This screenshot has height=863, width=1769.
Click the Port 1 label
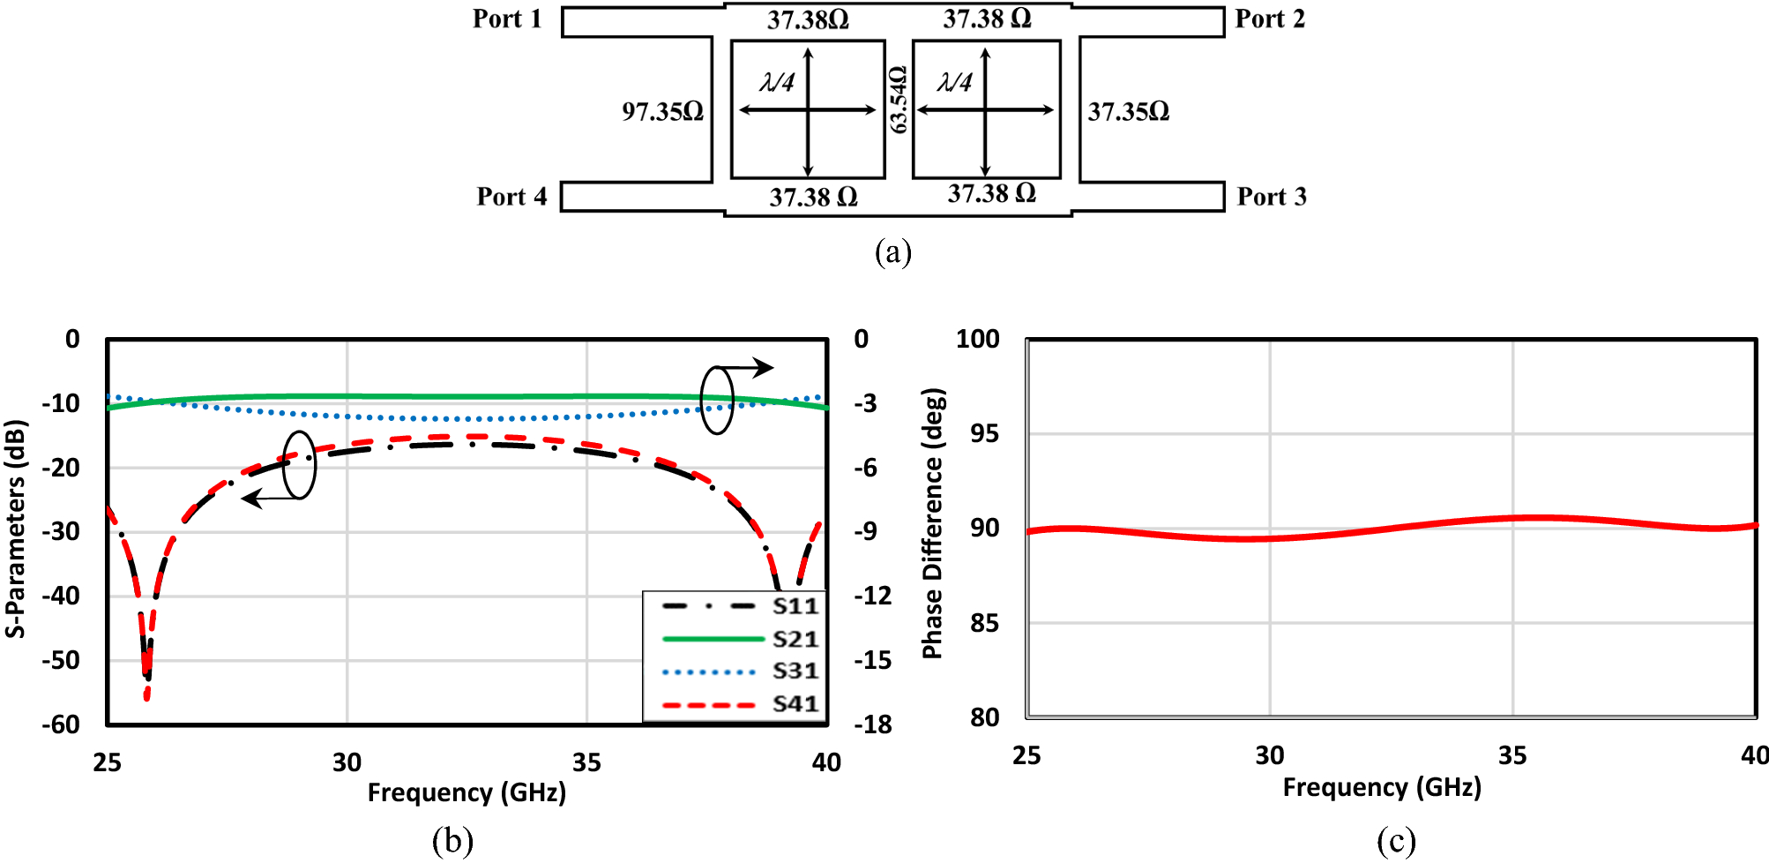[507, 19]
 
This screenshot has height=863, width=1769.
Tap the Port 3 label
[1271, 196]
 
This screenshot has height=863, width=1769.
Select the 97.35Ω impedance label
[662, 111]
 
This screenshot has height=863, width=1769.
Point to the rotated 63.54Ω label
[898, 100]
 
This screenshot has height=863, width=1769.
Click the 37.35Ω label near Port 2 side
[1128, 111]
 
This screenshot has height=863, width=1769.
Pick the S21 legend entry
[795, 639]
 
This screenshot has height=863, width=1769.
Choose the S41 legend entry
[795, 704]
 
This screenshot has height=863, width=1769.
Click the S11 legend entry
[795, 606]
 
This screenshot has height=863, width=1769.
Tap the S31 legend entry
[795, 672]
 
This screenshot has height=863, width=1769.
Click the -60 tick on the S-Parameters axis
[61, 724]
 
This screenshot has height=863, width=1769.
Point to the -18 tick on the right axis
[872, 724]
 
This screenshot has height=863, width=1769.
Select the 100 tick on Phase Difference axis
[977, 339]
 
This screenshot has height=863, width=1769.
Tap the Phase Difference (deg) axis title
[932, 523]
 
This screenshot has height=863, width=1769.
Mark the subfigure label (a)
[892, 252]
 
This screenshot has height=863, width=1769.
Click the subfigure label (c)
[1396, 841]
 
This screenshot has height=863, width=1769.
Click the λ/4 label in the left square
[777, 82]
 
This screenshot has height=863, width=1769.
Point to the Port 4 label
[511, 196]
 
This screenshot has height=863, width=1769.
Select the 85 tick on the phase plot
[984, 623]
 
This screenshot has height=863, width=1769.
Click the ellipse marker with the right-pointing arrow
[717, 400]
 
